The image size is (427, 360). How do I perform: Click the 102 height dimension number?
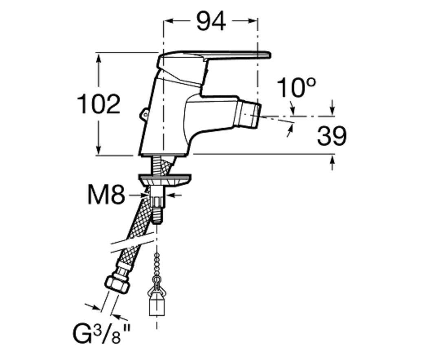click(99, 104)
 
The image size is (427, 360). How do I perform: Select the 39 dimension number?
click(332, 136)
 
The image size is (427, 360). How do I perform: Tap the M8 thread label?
click(106, 195)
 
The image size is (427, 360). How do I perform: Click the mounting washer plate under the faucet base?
click(165, 180)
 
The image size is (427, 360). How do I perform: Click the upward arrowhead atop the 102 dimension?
click(99, 57)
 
